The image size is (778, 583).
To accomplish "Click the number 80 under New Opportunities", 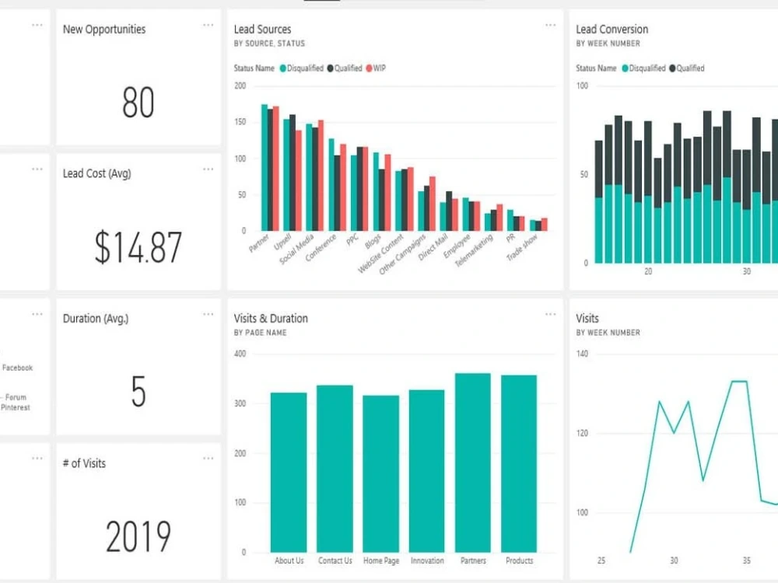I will coord(138,103).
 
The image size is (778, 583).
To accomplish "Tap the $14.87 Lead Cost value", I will coord(138,247).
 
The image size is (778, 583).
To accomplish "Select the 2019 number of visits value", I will coord(138,536).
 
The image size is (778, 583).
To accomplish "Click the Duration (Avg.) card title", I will coord(96,318).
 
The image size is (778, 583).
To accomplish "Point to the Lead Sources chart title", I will coord(262,29).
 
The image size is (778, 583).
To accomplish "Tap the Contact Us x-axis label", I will coord(335,560).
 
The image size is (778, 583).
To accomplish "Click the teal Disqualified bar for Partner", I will coord(264,167).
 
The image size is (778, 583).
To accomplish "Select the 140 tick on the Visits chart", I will coord(582,354).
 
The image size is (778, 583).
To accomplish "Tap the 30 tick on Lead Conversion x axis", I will coord(746,272).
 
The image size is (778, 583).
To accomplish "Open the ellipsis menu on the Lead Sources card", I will coord(550,26).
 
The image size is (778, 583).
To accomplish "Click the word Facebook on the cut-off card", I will coord(17,368).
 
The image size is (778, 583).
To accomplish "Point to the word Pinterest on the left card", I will coord(16,407).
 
